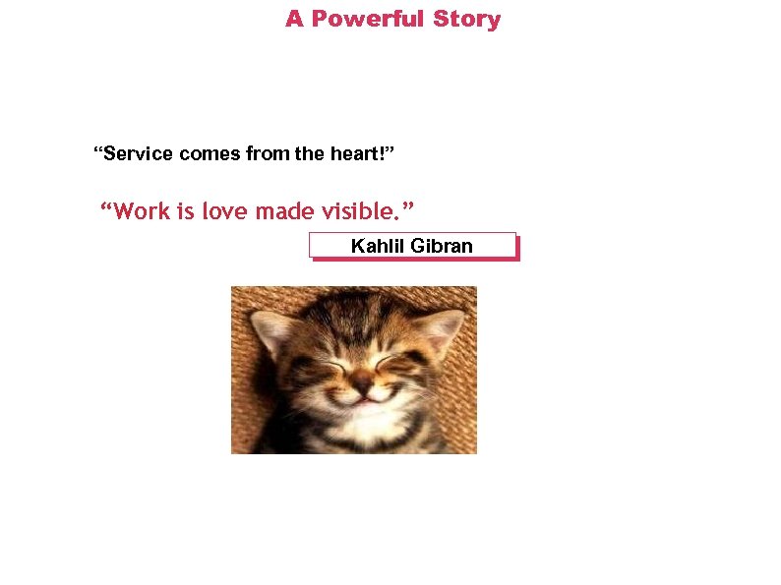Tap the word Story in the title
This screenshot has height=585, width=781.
click(466, 20)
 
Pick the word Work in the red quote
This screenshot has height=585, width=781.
click(143, 211)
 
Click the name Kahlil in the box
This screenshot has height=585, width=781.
click(378, 246)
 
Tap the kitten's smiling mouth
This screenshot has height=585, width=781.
click(364, 399)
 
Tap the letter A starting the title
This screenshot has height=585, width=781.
click(294, 20)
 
